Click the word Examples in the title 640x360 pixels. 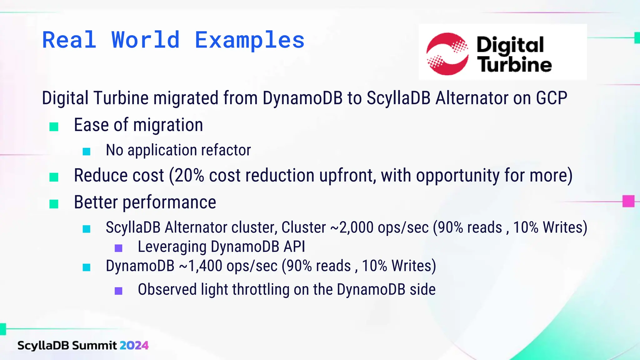pyautogui.click(x=249, y=41)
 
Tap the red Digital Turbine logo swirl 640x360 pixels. pyautogui.click(x=447, y=54)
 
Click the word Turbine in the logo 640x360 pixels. pyautogui.click(x=514, y=65)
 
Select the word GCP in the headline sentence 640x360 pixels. pyautogui.click(x=552, y=98)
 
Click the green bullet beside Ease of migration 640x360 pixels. pyautogui.click(x=54, y=127)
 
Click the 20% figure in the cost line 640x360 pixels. pyautogui.click(x=189, y=175)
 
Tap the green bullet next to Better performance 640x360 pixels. pyautogui.click(x=54, y=204)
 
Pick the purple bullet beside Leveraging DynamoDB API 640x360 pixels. pyautogui.click(x=118, y=248)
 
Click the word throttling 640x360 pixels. pyautogui.click(x=261, y=289)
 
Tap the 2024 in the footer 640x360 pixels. pyautogui.click(x=134, y=345)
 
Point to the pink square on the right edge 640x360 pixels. pyautogui.click(x=628, y=201)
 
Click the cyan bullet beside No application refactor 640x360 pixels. pyautogui.click(x=87, y=152)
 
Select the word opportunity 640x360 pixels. pyautogui.click(x=457, y=175)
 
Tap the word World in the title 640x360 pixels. pyautogui.click(x=146, y=41)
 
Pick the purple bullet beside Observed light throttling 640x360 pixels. pyautogui.click(x=118, y=291)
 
